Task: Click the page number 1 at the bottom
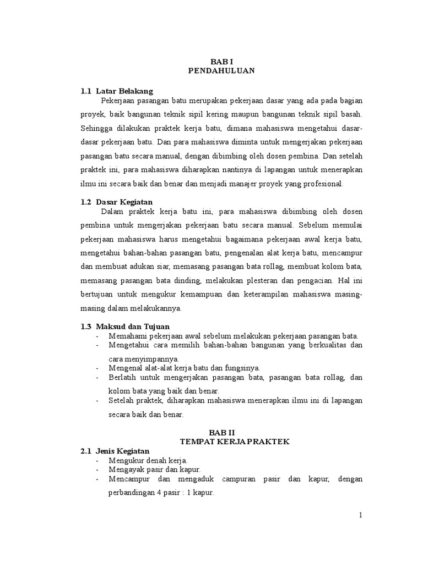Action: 360,515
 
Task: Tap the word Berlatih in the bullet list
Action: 122,377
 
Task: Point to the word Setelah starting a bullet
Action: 122,401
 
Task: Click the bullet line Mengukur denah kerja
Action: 148,460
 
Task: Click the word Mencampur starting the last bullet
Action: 128,479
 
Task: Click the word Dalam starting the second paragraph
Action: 112,212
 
